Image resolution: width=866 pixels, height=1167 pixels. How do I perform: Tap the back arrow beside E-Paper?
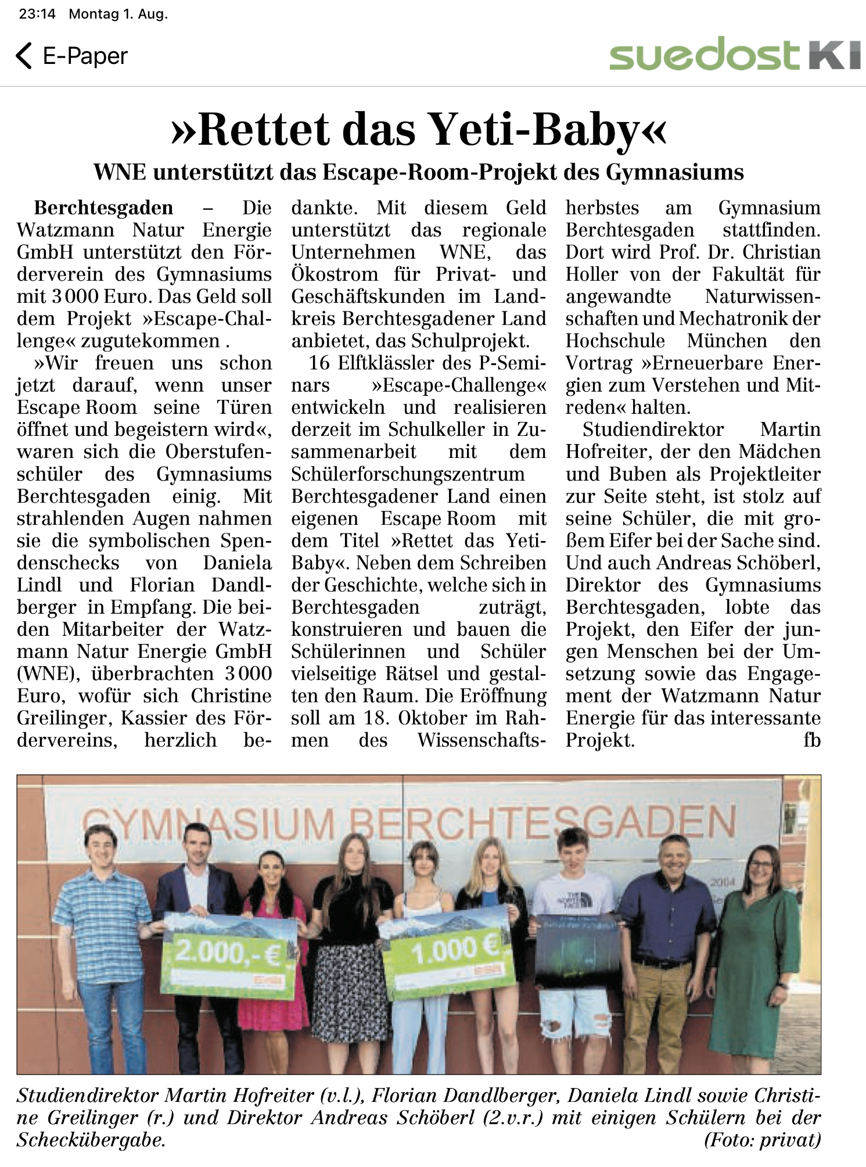coord(24,56)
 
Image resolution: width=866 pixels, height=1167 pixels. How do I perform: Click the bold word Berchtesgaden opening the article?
coord(103,208)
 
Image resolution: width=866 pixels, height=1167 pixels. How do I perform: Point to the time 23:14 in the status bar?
coord(37,14)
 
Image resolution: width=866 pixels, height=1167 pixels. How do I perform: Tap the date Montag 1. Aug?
coord(118,14)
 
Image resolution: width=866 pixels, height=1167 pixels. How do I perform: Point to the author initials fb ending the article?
coord(811,740)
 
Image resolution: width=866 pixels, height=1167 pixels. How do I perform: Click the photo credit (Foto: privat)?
coord(762,1140)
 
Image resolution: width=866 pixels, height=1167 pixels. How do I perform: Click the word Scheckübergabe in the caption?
coord(91,1140)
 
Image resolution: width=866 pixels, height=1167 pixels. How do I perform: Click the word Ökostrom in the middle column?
coord(335,274)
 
